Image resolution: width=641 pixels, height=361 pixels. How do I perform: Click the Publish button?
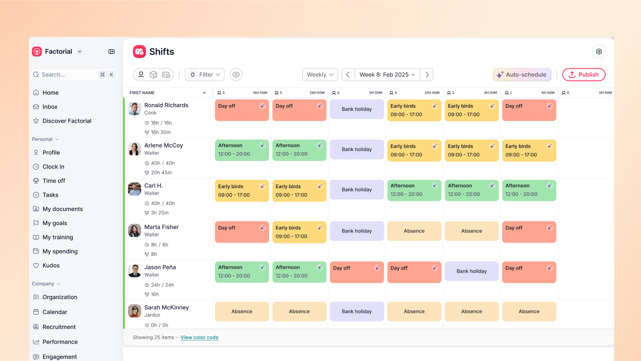click(583, 75)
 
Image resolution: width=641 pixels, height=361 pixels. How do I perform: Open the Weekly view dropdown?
click(320, 75)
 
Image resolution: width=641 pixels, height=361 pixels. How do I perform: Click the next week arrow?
click(427, 75)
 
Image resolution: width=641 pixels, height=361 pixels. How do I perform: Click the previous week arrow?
click(348, 75)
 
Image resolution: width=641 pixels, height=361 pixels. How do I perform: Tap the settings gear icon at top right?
click(599, 52)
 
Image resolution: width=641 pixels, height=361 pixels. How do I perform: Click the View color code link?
click(199, 337)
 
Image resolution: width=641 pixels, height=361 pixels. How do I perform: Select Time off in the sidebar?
click(54, 181)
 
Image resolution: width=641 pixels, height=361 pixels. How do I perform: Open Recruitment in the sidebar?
click(59, 327)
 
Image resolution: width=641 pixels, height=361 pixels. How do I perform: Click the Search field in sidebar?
click(69, 75)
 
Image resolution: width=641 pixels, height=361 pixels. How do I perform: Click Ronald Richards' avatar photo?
click(135, 109)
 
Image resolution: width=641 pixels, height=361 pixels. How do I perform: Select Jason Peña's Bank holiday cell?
click(471, 271)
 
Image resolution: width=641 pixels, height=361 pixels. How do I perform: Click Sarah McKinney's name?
click(167, 307)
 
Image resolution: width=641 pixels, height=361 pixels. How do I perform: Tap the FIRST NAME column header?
click(142, 93)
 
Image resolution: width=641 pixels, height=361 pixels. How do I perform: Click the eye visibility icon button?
click(236, 75)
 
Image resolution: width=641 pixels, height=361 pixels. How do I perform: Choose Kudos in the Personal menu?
click(51, 265)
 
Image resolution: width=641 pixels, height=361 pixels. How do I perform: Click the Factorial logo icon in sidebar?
click(37, 51)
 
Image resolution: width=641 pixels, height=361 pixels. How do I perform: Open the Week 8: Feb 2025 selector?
click(387, 75)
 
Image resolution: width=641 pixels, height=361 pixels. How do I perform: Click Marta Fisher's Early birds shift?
click(299, 232)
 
